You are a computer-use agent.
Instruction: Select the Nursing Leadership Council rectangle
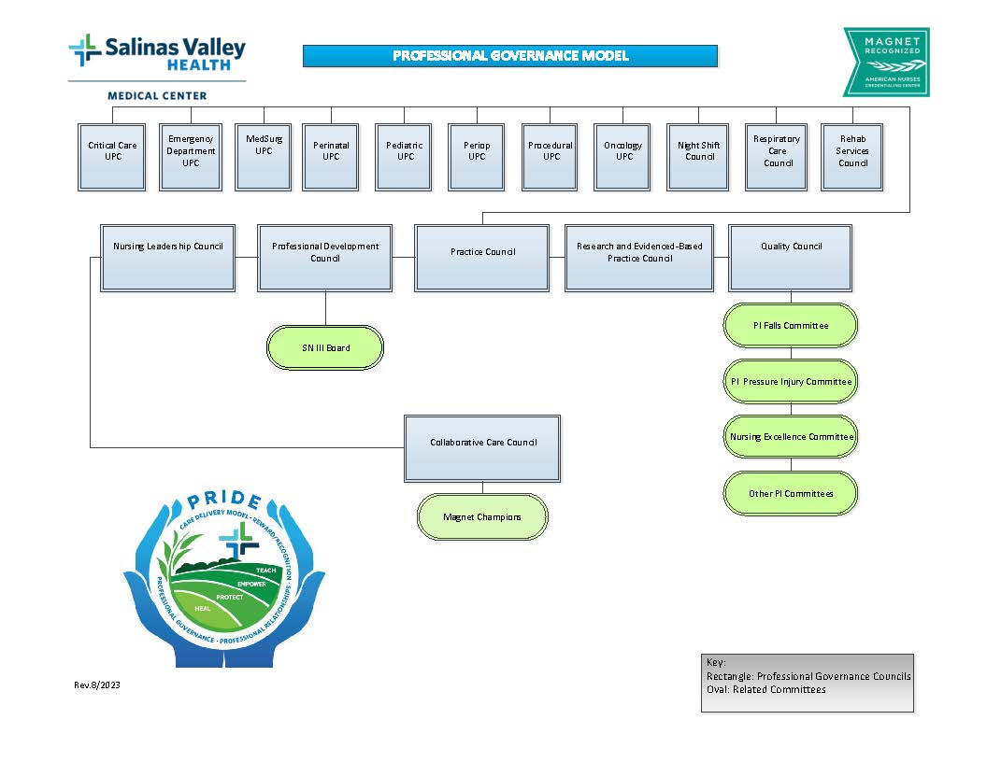click(168, 257)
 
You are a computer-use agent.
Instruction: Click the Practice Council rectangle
click(482, 257)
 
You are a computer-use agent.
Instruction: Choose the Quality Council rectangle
click(791, 257)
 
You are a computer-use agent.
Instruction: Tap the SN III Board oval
click(325, 347)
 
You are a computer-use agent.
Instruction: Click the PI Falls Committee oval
click(791, 326)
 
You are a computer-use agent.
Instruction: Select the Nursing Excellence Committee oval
click(791, 437)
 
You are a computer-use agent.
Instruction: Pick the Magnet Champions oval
click(482, 516)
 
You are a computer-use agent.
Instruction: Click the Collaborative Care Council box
click(482, 448)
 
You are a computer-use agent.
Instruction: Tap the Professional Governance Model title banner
click(510, 56)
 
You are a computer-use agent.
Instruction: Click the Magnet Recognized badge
click(885, 62)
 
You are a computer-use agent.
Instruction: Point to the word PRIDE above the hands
click(224, 501)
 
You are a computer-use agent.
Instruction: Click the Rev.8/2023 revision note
click(97, 685)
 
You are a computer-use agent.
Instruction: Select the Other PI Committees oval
click(791, 493)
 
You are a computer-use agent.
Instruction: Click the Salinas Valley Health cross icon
click(85, 49)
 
